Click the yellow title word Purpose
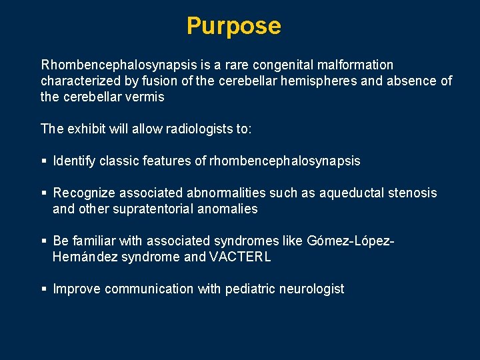coord(233,26)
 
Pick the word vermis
coord(146,97)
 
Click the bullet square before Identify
coord(44,161)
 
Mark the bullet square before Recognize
coord(44,193)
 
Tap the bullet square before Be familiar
coord(44,241)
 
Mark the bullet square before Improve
coord(44,289)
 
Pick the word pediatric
coord(251,289)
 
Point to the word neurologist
coord(313,289)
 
